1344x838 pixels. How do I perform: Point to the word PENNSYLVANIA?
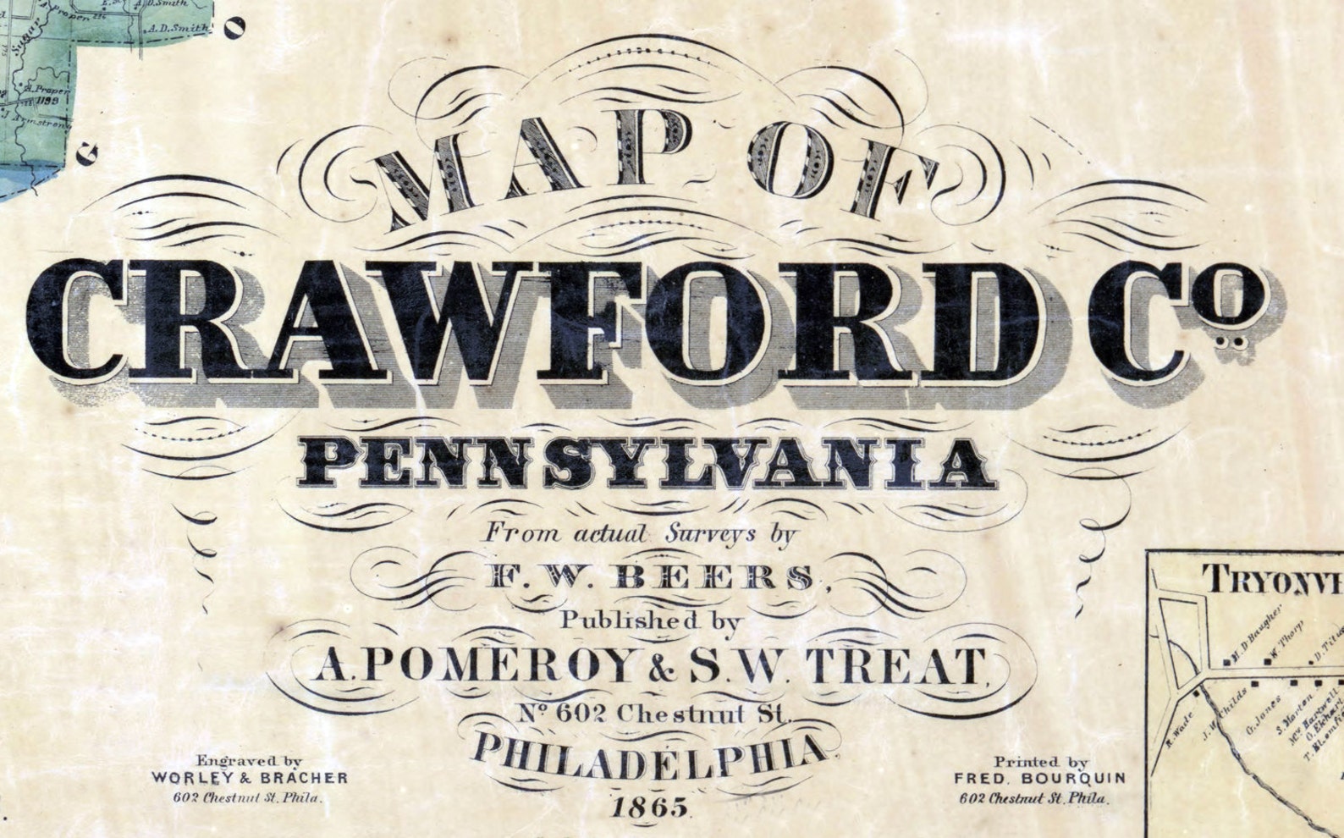(647, 464)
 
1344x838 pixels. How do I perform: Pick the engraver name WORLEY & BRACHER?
(250, 777)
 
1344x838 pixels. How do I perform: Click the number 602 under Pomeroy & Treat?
(582, 714)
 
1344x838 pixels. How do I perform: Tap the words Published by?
(651, 620)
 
